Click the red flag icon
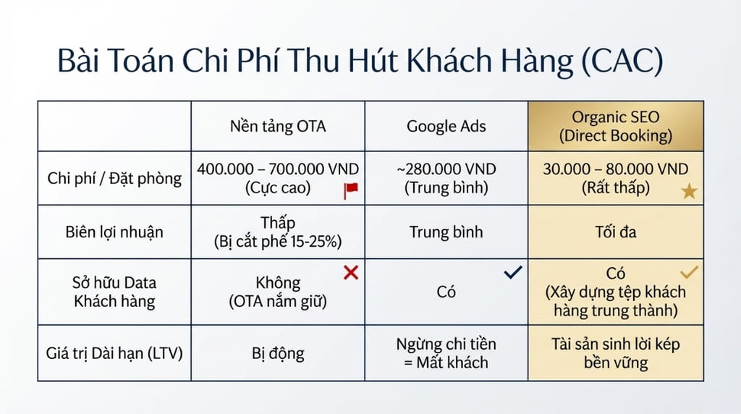point(351,190)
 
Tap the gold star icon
point(689,192)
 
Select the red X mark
point(350,273)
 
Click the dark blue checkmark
point(513,273)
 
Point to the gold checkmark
point(690,273)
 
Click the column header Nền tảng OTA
point(278,127)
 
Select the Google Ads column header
point(447,127)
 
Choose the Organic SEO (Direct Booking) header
point(617,126)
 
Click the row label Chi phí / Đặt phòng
point(114,178)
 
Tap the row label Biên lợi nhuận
point(114,232)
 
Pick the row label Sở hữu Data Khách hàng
point(114,292)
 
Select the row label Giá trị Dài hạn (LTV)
point(114,353)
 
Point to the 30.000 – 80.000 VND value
point(617,169)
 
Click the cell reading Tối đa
point(617,232)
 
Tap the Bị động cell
point(278,353)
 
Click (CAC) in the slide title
point(622,62)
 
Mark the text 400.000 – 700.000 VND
point(278,169)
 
